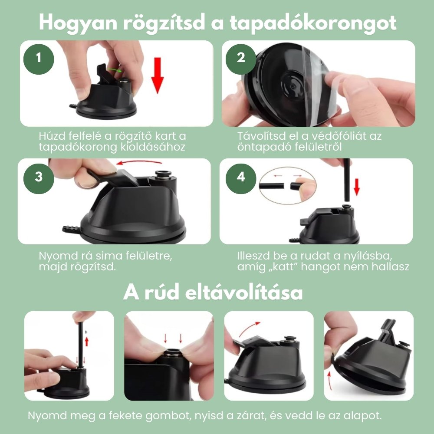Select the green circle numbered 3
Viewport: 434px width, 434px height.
(39, 177)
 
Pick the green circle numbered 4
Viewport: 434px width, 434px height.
(241, 177)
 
